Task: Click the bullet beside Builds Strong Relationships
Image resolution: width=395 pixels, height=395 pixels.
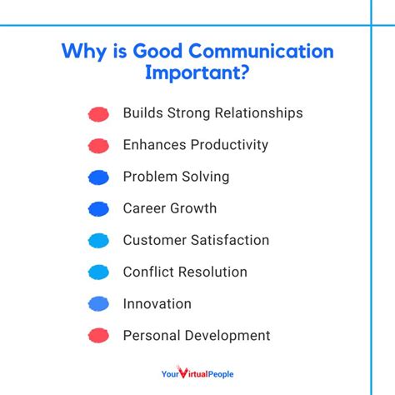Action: (x=98, y=113)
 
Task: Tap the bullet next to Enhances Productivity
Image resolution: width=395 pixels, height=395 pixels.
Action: (x=98, y=146)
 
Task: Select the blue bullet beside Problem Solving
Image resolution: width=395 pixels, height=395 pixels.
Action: (x=98, y=177)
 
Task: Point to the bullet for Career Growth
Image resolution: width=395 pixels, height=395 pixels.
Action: (x=98, y=209)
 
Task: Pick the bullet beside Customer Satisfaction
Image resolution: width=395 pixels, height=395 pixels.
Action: (x=98, y=241)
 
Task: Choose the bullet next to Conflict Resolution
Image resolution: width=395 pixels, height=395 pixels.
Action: (x=98, y=272)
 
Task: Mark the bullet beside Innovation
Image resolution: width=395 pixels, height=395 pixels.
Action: (x=98, y=304)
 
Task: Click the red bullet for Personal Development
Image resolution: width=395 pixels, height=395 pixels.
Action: (x=98, y=336)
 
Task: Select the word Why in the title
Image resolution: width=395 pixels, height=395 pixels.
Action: (x=83, y=52)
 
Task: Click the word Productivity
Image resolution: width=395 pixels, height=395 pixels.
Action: (x=231, y=145)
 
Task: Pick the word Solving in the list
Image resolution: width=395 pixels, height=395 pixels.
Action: (x=205, y=177)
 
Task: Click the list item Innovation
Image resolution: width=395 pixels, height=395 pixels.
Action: (x=157, y=303)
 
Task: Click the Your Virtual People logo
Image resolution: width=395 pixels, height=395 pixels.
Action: (x=197, y=374)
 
